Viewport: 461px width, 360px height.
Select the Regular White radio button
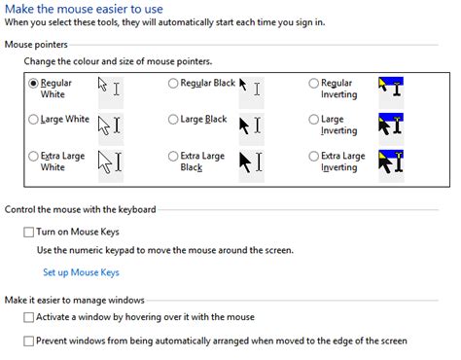tap(35, 84)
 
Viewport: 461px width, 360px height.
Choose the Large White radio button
tap(35, 121)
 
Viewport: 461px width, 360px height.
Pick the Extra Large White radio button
tap(35, 156)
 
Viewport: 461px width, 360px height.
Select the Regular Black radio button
tap(174, 84)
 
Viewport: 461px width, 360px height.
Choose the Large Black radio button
tap(174, 121)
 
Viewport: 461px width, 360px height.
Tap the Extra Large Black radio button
tap(174, 156)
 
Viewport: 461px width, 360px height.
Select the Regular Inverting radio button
tap(313, 84)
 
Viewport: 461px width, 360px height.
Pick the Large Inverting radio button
tap(313, 121)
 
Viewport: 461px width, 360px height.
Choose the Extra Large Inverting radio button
tap(313, 156)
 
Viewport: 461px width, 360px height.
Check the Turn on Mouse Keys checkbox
tap(28, 232)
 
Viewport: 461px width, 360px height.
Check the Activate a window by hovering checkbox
tap(28, 318)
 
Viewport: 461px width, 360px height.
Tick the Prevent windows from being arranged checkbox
tap(28, 342)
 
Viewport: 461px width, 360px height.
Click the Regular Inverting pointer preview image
tap(390, 89)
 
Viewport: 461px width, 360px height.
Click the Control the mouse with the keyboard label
tap(81, 209)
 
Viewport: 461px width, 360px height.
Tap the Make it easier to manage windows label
tap(75, 300)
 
